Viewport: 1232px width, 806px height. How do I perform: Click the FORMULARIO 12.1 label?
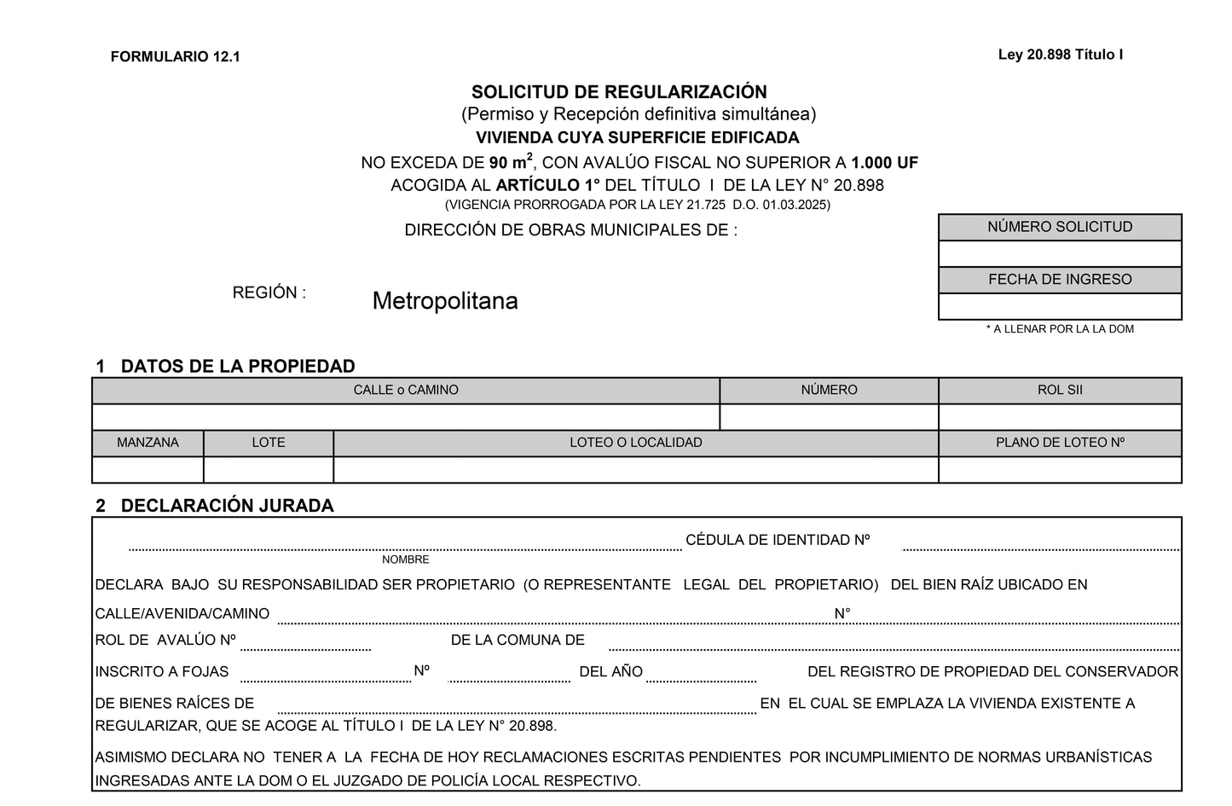pos(175,57)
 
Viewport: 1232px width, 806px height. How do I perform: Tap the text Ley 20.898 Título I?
pos(1060,55)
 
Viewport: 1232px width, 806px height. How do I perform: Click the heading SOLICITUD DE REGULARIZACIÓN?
pos(619,92)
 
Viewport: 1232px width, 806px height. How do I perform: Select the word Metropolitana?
pos(445,301)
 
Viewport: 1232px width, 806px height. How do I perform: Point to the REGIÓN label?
pos(269,293)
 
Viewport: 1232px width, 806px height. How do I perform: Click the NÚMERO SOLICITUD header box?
pos(1060,227)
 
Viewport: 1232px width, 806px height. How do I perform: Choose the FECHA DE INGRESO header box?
pos(1060,280)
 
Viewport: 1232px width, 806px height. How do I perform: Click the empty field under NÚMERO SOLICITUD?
pos(1060,253)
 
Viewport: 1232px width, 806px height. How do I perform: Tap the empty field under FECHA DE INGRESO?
pos(1060,306)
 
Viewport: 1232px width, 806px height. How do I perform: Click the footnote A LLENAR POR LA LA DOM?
pos(1060,329)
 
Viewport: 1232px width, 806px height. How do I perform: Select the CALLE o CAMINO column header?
pos(406,391)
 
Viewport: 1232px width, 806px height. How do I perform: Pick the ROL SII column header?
pos(1060,391)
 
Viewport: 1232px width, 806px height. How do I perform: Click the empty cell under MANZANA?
pos(147,470)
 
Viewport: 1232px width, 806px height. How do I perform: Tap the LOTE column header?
pos(269,443)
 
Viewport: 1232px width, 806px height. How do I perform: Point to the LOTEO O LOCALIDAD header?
pos(635,443)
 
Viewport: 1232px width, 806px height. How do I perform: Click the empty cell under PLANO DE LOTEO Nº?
pos(1060,470)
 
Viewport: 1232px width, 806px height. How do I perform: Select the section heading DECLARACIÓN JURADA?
pos(227,506)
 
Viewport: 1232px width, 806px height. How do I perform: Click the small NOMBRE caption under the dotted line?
pos(406,560)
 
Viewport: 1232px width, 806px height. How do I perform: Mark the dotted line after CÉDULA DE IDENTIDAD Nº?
pos(1040,548)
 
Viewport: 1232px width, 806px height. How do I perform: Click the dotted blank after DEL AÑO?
pos(701,679)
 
